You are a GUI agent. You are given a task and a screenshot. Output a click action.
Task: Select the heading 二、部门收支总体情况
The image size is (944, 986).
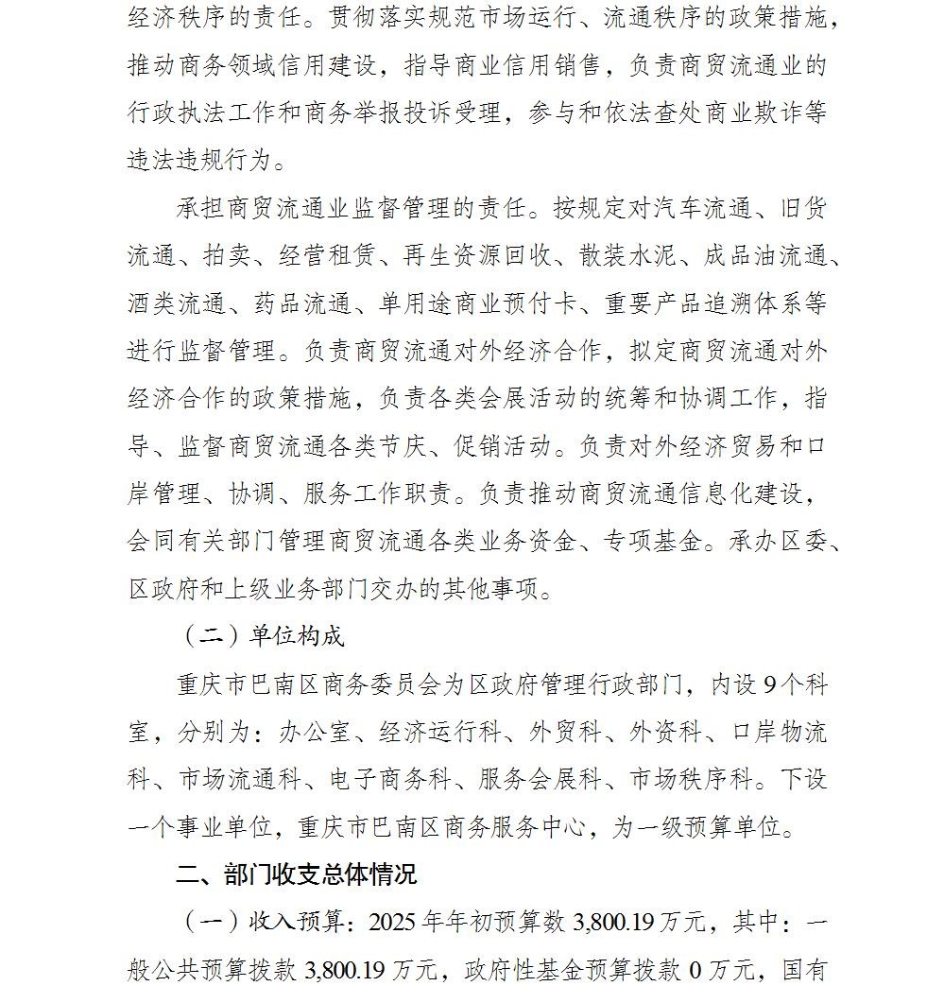click(x=296, y=873)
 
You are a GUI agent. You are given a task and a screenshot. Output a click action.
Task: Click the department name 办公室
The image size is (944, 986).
click(x=316, y=732)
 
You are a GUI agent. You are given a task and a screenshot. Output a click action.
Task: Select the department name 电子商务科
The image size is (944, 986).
click(x=389, y=779)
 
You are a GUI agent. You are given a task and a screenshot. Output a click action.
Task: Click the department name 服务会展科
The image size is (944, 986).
click(x=540, y=779)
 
